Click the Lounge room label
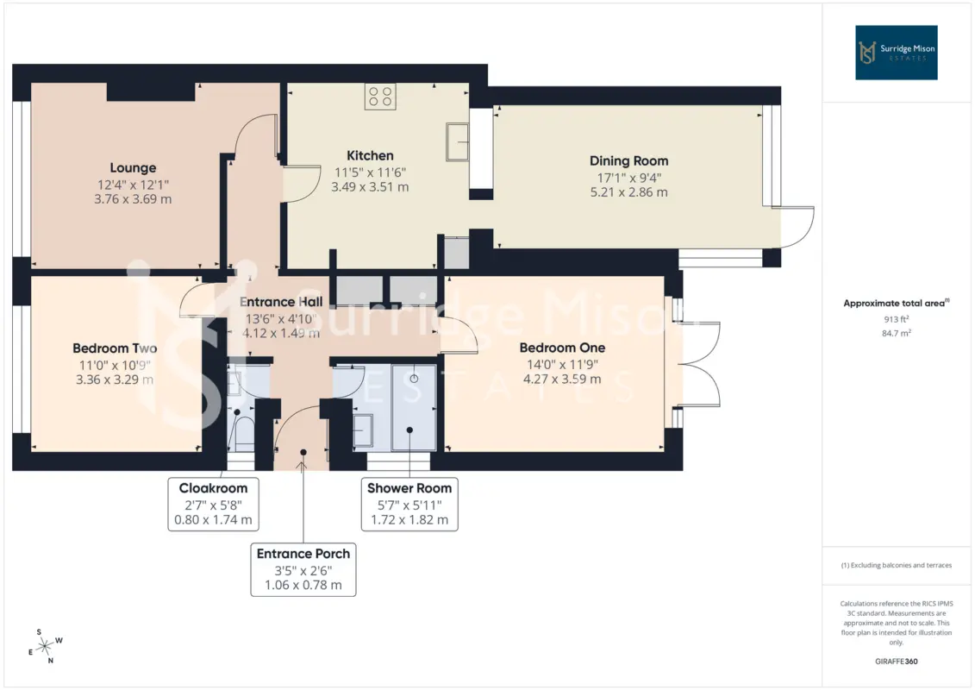[133, 168]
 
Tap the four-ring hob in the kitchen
[380, 97]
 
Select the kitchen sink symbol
[457, 141]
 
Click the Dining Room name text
[628, 161]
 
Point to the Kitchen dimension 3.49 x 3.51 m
[370, 187]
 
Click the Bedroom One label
[562, 348]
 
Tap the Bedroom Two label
[115, 348]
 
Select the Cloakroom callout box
[213, 505]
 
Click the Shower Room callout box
[409, 505]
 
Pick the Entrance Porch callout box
[303, 570]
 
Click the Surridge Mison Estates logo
[896, 53]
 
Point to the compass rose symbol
[45, 647]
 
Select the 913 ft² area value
[896, 319]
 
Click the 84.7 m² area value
[896, 334]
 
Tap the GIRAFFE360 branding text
[896, 662]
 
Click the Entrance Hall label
[281, 302]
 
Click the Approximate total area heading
[896, 304]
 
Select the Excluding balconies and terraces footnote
[896, 566]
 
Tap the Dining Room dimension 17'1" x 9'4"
[628, 178]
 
